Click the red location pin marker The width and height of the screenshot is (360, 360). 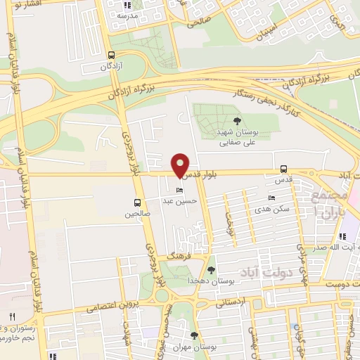tap(181, 165)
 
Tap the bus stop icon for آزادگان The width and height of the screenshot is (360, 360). tap(111, 55)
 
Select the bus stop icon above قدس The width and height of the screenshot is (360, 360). tap(283, 169)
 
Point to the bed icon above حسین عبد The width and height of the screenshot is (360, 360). tap(180, 191)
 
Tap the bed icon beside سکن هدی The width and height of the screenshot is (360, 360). tap(272, 198)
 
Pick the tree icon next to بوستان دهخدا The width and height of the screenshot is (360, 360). tap(210, 269)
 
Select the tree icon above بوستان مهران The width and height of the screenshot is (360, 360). tap(195, 336)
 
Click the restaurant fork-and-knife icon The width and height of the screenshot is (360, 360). tap(12, 317)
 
